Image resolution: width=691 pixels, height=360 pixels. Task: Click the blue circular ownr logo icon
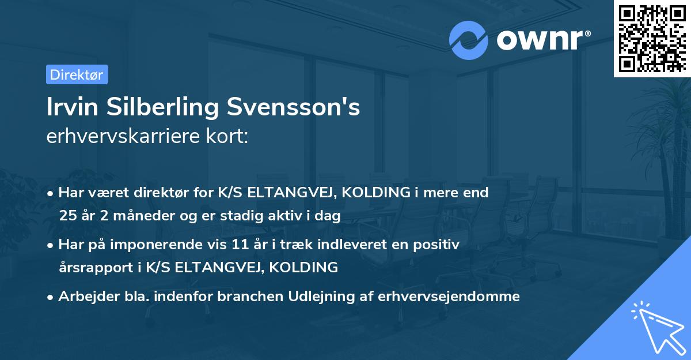pyautogui.click(x=469, y=40)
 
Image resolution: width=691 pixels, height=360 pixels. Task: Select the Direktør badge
pyautogui.click(x=77, y=74)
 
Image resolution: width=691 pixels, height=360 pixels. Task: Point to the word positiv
pyautogui.click(x=438, y=245)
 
